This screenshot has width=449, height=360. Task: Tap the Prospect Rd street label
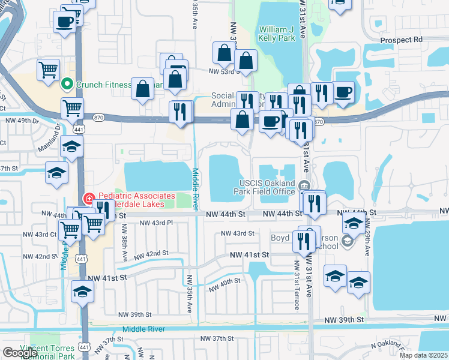(402, 40)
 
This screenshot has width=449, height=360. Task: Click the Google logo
(20, 353)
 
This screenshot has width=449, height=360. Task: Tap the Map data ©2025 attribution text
(423, 355)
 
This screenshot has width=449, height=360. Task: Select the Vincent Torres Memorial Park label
(47, 352)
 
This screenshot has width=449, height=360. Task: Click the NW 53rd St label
(223, 71)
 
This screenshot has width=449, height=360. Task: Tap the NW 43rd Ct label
(39, 234)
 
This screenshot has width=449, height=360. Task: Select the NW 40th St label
(225, 284)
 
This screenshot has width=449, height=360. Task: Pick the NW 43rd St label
(237, 233)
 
